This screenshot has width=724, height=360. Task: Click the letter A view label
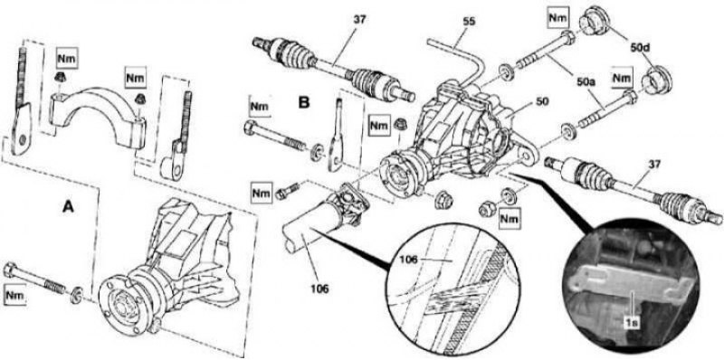[68, 208]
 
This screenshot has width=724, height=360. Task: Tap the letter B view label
[303, 102]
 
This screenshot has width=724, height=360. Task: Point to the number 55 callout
[469, 21]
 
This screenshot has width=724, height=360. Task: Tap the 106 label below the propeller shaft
[319, 289]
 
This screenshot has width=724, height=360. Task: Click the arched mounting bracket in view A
[98, 117]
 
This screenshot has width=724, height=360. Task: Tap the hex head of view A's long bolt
[10, 270]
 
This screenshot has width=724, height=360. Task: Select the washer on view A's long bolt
[76, 296]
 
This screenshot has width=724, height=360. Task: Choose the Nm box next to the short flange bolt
[261, 193]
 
